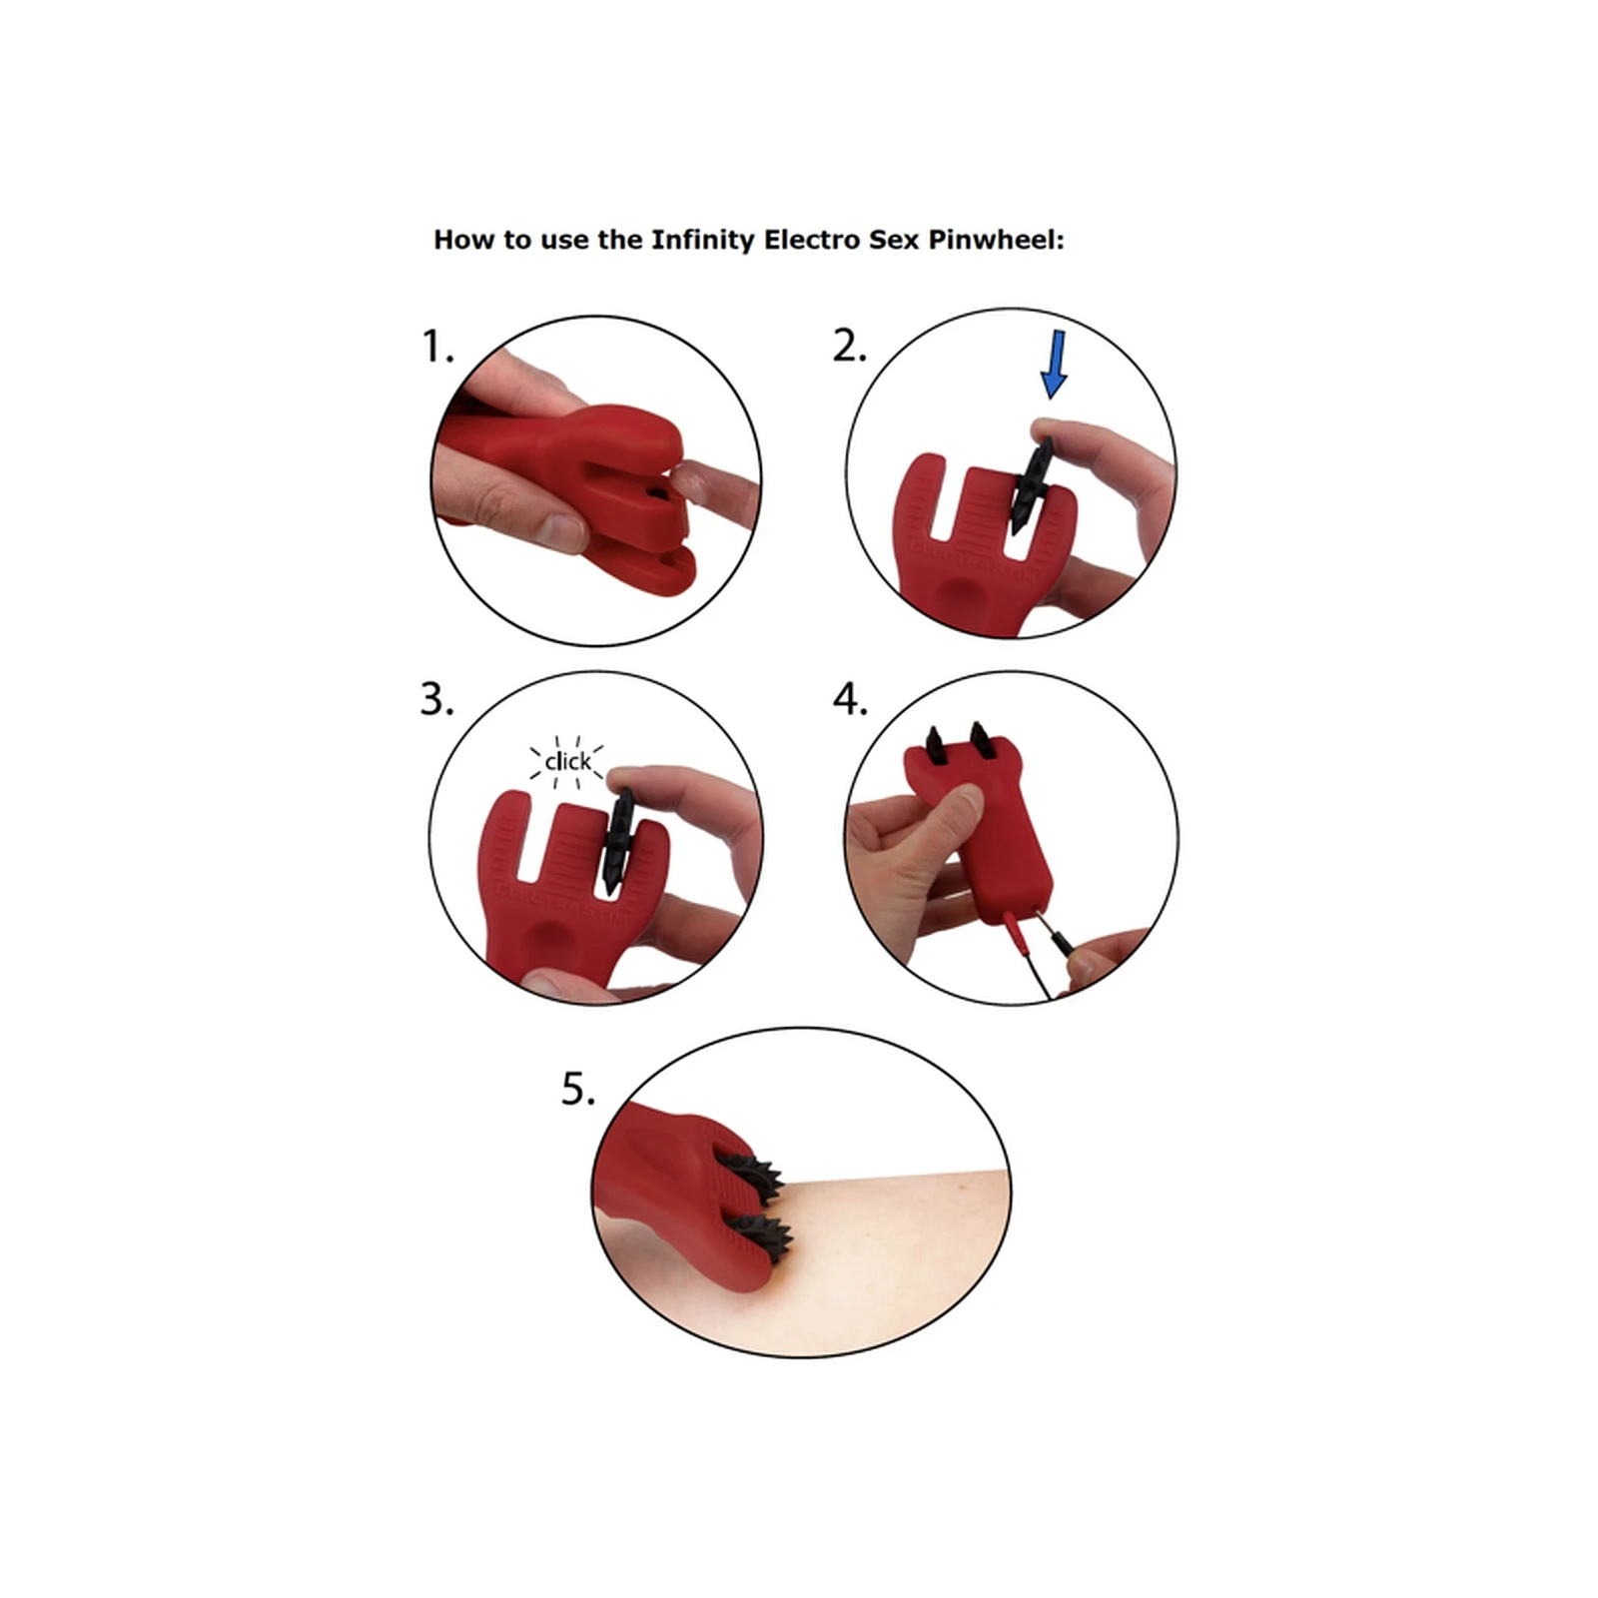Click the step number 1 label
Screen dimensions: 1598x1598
click(436, 347)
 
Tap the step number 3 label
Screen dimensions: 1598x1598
click(436, 699)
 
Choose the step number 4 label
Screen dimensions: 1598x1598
click(850, 699)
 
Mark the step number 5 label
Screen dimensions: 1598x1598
click(578, 1089)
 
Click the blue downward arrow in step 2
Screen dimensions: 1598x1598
click(1055, 365)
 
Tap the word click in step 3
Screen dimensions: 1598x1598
click(567, 762)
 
